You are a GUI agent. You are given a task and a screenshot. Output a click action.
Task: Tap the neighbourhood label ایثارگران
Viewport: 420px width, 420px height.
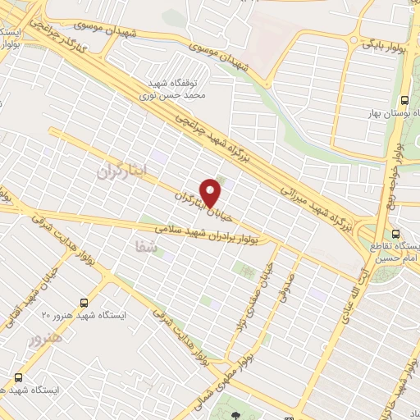pyautogui.click(x=121, y=171)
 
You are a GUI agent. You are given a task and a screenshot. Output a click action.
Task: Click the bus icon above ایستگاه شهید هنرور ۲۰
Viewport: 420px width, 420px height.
pyautogui.click(x=85, y=303)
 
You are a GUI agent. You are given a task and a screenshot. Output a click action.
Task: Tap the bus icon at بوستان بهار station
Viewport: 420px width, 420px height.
pyautogui.click(x=403, y=102)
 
